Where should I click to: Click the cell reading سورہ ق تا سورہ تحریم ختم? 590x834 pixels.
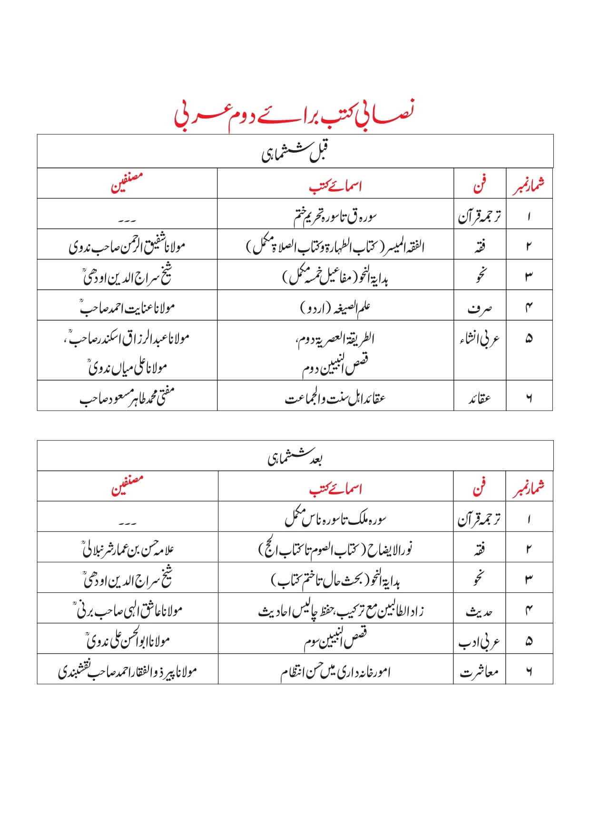[335, 216]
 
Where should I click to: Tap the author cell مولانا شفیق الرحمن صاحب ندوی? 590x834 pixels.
[127, 246]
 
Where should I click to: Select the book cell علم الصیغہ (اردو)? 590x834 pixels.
[335, 307]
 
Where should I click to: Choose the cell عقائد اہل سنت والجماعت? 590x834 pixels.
[335, 397]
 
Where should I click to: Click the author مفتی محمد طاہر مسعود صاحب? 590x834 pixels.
[127, 397]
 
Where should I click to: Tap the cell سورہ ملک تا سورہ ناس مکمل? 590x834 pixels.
[335, 518]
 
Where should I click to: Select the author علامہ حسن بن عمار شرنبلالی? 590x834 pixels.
[127, 549]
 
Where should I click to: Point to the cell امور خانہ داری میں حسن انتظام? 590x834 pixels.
[335, 671]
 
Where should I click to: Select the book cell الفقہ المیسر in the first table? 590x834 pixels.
[335, 246]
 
